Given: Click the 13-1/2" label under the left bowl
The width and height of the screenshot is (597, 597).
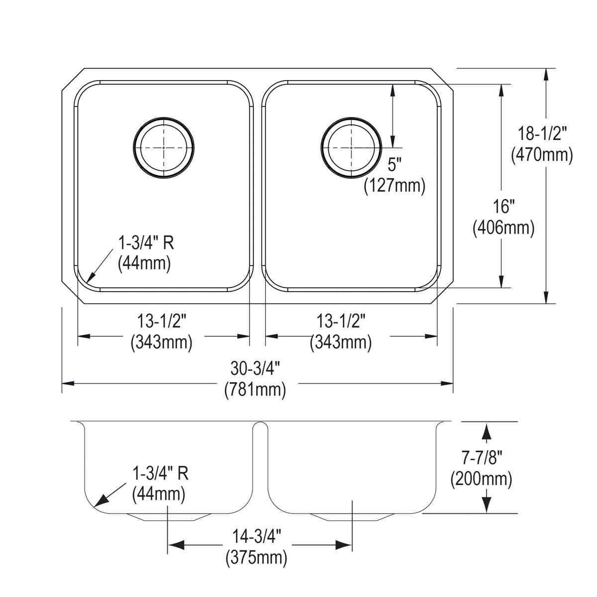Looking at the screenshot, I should [x=162, y=321].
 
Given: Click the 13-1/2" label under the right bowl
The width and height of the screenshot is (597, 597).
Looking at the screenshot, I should [x=341, y=321].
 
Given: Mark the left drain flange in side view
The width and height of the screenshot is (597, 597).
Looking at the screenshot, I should [x=168, y=516].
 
